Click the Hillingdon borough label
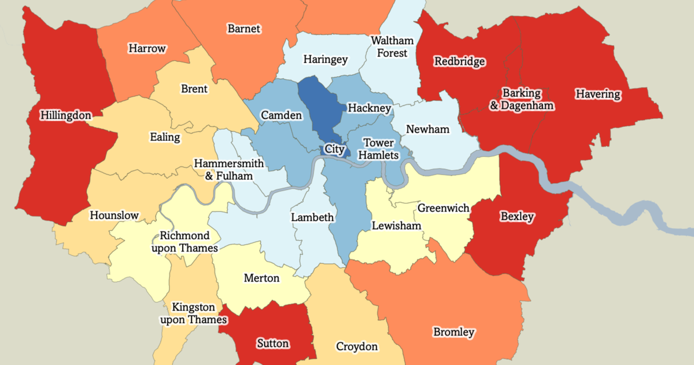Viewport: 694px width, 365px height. [65, 115]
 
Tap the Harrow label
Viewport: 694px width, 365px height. [147, 49]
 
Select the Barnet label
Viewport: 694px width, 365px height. [244, 28]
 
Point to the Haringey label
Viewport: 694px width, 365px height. [326, 59]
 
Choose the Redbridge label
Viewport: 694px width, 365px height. [460, 61]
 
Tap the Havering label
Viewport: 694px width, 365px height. [597, 94]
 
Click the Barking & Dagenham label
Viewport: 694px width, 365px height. [522, 99]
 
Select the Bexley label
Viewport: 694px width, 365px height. [518, 217]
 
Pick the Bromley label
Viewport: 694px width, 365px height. [454, 332]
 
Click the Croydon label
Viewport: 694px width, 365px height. [357, 346]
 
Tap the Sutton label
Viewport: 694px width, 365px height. [272, 343]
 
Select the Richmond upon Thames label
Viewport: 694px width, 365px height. [184, 242]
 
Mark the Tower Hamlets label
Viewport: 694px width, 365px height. [379, 149]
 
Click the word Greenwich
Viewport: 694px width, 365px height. [444, 207]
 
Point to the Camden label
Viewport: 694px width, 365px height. [281, 115]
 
